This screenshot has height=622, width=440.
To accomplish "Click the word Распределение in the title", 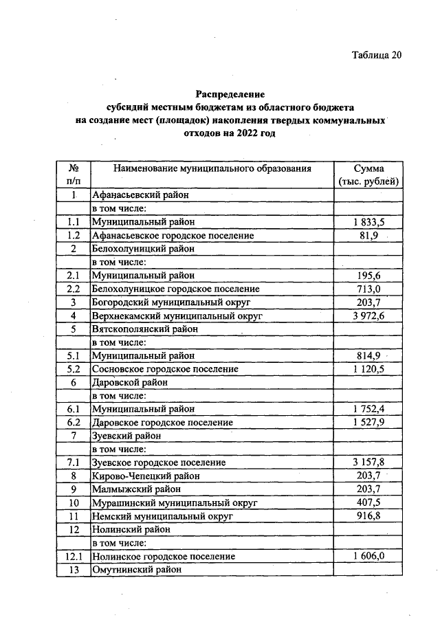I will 230,93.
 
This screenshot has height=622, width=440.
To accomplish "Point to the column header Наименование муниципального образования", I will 212,168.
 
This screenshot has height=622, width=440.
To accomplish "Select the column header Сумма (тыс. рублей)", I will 368,175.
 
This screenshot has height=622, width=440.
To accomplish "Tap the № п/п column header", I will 73,175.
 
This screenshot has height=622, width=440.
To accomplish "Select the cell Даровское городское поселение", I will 162,422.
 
